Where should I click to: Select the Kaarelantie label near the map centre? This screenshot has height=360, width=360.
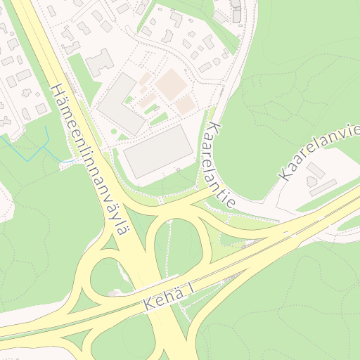[218, 165]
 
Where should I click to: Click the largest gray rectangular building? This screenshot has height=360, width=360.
[157, 152]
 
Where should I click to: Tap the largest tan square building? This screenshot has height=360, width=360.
[169, 84]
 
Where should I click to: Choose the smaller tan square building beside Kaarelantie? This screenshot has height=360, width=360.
[185, 105]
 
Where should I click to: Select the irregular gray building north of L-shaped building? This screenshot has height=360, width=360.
[100, 63]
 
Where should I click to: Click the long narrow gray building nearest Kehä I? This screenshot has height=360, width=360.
[323, 187]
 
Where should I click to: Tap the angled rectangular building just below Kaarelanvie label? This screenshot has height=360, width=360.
[315, 170]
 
